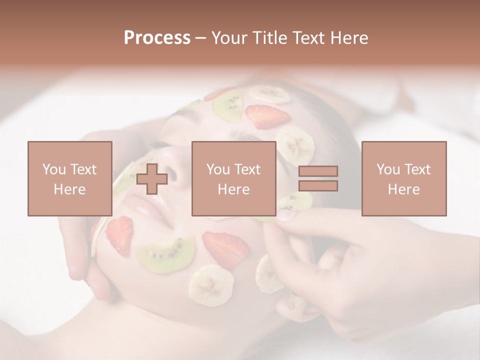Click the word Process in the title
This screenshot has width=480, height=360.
coord(157,38)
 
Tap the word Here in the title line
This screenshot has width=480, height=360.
coord(348,38)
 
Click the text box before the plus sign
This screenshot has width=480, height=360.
coord(69,178)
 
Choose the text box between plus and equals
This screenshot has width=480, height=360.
coord(233,178)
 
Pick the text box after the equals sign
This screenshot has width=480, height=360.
coord(403,178)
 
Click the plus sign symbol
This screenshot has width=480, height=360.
coord(152,178)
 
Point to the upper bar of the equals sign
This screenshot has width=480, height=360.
coord(318,171)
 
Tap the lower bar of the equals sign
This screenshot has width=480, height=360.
coord(318,186)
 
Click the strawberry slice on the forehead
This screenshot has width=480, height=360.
coord(267,116)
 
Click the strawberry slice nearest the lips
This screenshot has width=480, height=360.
coord(119,235)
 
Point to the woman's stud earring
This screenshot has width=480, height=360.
coord(290,304)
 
